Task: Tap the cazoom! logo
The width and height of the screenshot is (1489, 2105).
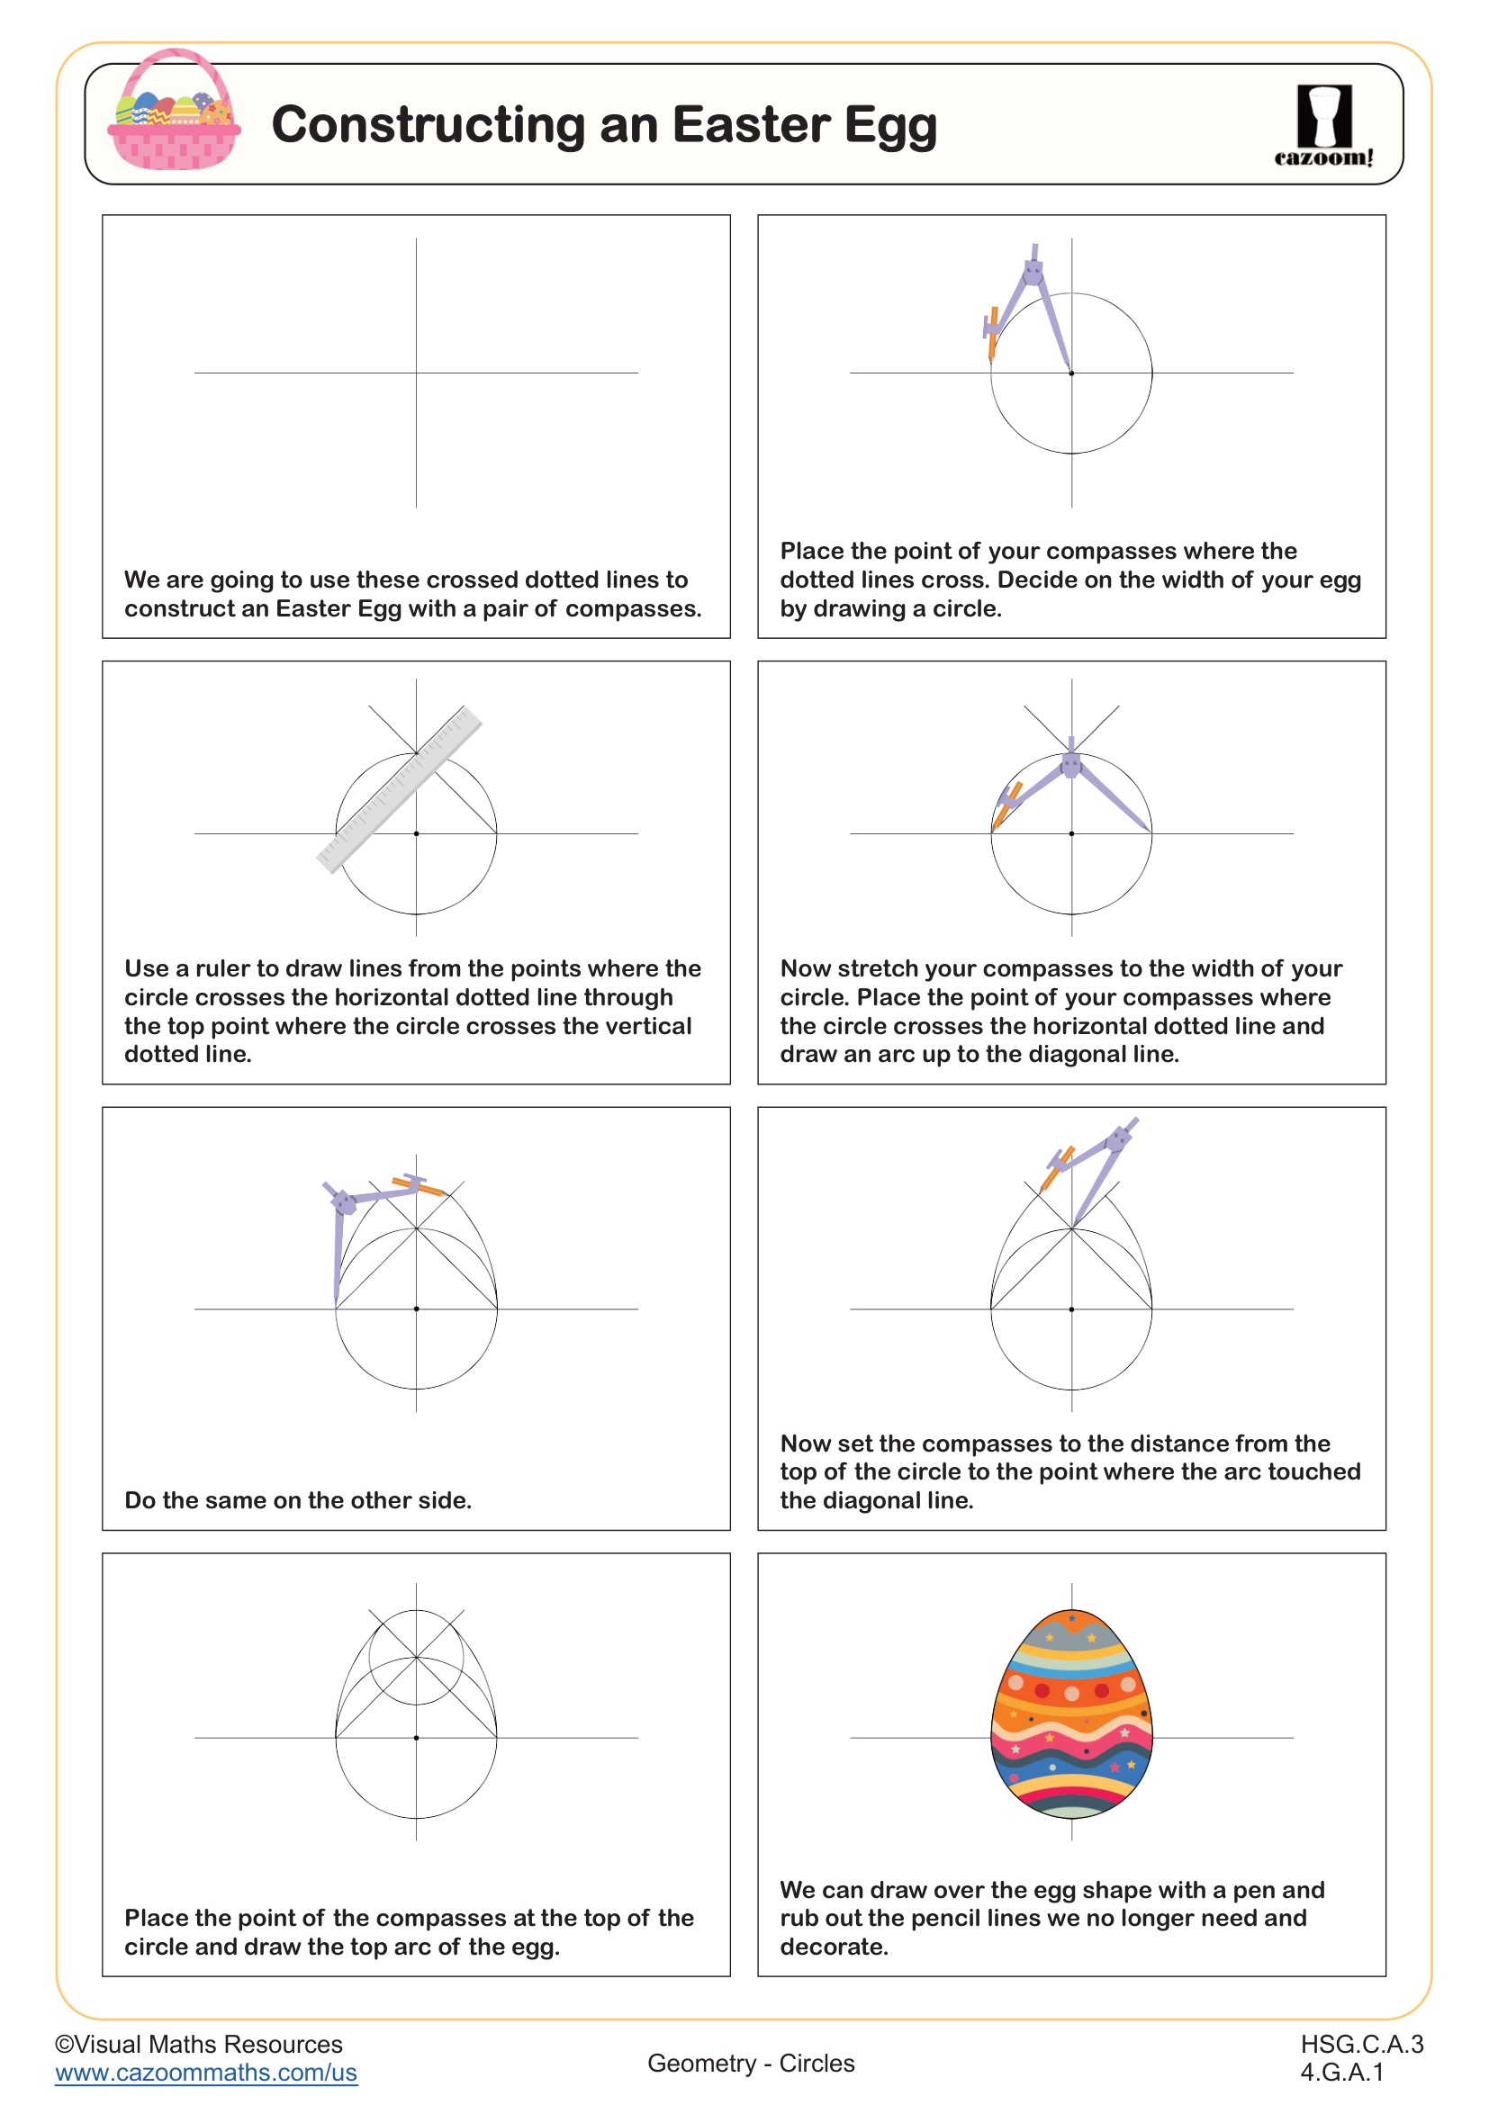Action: (x=1324, y=126)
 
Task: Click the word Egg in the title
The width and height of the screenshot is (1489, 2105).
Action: (x=889, y=127)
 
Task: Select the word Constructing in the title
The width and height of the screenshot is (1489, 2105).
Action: (x=429, y=125)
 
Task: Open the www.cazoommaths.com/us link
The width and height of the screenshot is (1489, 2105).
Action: (x=206, y=2073)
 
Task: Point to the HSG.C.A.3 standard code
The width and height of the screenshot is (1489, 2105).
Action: (x=1361, y=2044)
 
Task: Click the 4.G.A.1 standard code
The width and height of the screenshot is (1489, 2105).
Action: (x=1341, y=2072)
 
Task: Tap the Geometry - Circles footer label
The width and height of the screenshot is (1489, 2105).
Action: (x=751, y=2063)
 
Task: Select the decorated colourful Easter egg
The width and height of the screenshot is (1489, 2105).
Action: (x=1071, y=1714)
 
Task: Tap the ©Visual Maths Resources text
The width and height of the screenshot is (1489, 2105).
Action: (x=199, y=2044)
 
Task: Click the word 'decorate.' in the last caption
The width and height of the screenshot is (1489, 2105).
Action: (x=835, y=1947)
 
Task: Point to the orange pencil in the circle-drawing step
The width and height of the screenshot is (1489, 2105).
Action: (x=992, y=333)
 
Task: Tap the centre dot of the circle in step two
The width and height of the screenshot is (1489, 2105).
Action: (x=1071, y=373)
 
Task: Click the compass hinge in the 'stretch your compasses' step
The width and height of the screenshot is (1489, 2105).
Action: (x=1070, y=765)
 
